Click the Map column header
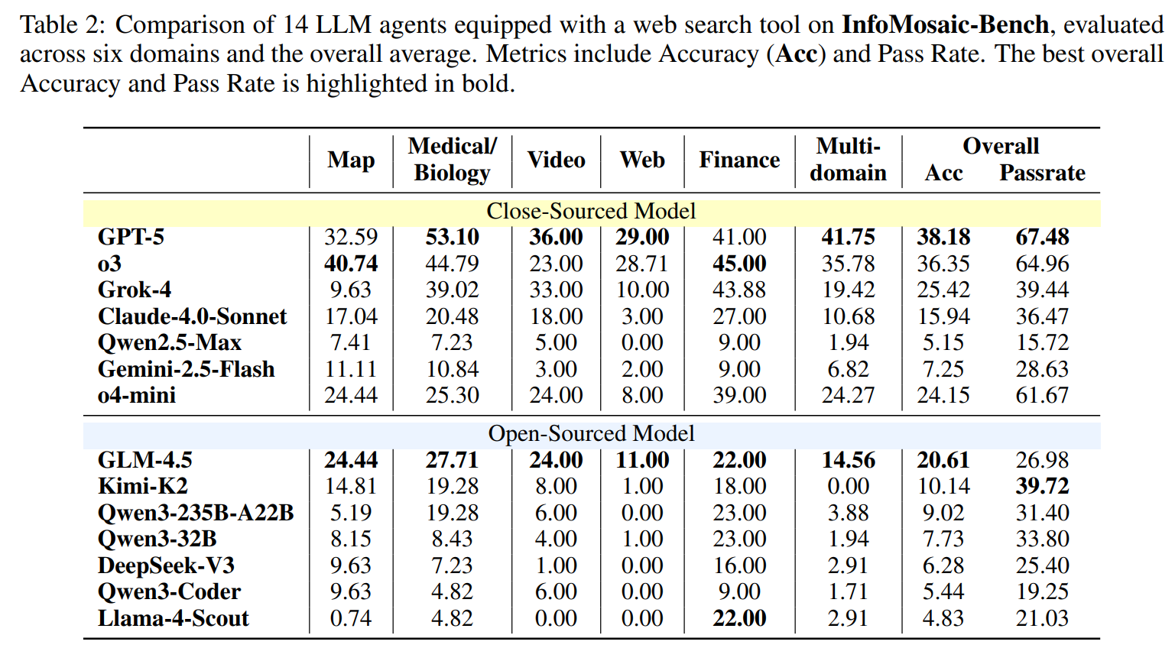[x=351, y=160]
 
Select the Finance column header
[x=739, y=160]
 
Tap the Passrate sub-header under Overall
[x=1042, y=173]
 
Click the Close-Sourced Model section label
[x=591, y=211]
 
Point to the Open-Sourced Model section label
[x=591, y=433]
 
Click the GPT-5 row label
[x=131, y=237]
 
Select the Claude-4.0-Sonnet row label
[x=192, y=316]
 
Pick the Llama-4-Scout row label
[x=174, y=618]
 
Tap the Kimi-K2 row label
[x=143, y=486]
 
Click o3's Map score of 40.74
[x=351, y=264]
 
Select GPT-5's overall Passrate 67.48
[x=1042, y=237]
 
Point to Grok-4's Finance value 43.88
[x=739, y=290]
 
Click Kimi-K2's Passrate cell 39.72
[x=1042, y=486]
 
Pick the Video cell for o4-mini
[x=556, y=395]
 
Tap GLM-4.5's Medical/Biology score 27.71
[x=452, y=460]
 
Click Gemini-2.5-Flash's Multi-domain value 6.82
[x=848, y=369]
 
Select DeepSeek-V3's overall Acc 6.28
[x=943, y=565]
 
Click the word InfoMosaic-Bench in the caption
[x=945, y=24]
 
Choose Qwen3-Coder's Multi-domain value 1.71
[x=848, y=591]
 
